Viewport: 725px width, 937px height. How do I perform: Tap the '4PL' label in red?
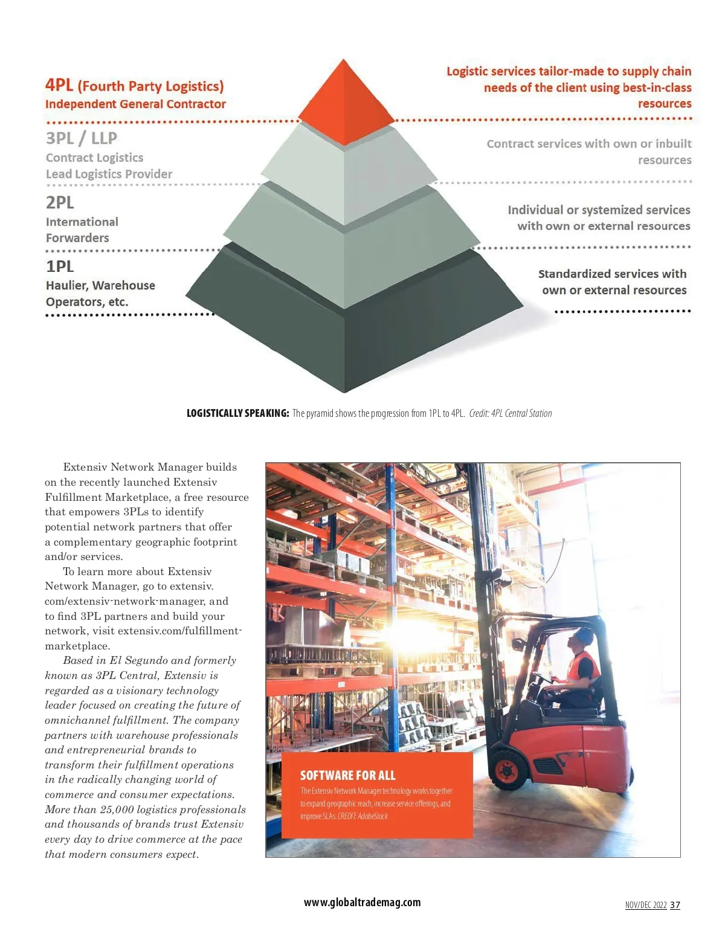click(x=59, y=85)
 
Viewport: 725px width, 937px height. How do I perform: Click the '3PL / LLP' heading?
click(x=82, y=138)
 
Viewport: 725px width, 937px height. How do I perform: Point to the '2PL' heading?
click(x=60, y=202)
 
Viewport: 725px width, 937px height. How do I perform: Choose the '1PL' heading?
click(x=60, y=266)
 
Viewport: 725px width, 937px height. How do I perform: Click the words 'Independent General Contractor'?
click(x=135, y=104)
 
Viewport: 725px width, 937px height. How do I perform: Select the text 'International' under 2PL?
click(x=82, y=222)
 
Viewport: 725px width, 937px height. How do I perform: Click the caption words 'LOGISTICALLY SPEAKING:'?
click(x=237, y=413)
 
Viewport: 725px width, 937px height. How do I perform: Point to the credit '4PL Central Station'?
click(x=521, y=413)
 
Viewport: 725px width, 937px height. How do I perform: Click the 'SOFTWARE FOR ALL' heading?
click(x=347, y=775)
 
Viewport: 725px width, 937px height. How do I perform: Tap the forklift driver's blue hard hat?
click(x=583, y=636)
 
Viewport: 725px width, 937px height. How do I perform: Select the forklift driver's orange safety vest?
click(x=585, y=668)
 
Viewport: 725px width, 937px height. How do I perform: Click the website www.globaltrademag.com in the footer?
click(x=362, y=902)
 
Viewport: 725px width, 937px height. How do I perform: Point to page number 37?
click(x=675, y=905)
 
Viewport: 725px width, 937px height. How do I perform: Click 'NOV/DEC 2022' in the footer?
click(x=645, y=905)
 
